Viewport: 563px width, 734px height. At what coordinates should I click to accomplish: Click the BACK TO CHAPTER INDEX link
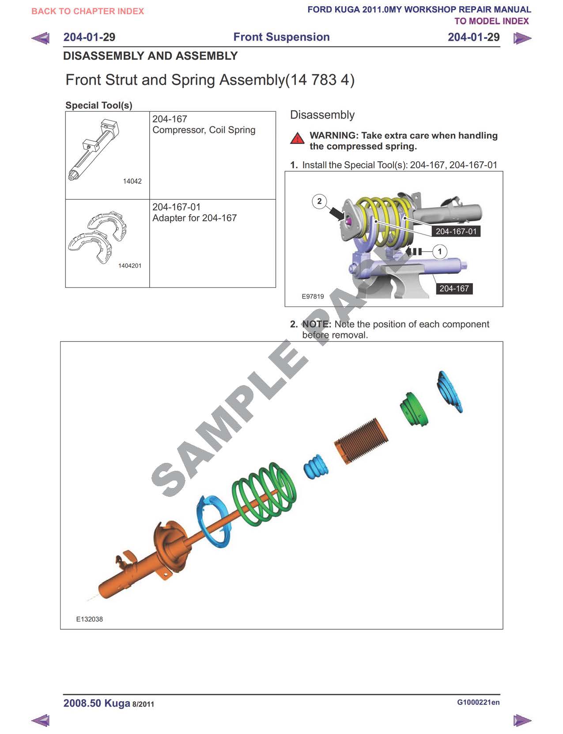(x=87, y=11)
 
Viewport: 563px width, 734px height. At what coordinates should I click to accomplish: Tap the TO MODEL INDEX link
(x=491, y=21)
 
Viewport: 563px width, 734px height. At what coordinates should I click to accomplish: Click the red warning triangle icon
(x=297, y=138)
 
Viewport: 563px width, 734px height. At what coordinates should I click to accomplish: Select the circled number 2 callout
(x=319, y=201)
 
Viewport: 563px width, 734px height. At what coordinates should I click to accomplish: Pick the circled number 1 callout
(x=439, y=251)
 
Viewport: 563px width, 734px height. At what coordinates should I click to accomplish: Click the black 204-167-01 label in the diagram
(x=456, y=231)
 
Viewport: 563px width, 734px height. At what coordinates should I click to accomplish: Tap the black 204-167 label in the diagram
(x=454, y=288)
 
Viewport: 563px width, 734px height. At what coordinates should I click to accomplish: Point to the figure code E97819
(x=312, y=296)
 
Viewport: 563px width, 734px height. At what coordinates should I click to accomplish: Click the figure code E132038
(x=89, y=619)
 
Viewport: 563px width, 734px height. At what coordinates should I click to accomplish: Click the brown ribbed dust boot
(x=361, y=440)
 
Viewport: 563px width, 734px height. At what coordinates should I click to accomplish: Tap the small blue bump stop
(x=316, y=466)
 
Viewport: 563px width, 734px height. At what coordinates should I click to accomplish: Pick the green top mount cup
(x=414, y=409)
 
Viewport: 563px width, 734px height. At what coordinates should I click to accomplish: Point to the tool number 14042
(x=132, y=181)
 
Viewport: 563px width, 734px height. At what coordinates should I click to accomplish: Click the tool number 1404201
(x=130, y=265)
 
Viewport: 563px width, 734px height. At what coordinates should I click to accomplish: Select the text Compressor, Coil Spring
(x=204, y=130)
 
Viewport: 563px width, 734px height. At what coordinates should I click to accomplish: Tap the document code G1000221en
(x=478, y=702)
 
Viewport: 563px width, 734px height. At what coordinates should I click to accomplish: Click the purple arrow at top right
(x=522, y=38)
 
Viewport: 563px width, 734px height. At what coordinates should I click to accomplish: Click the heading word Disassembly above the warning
(x=322, y=115)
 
